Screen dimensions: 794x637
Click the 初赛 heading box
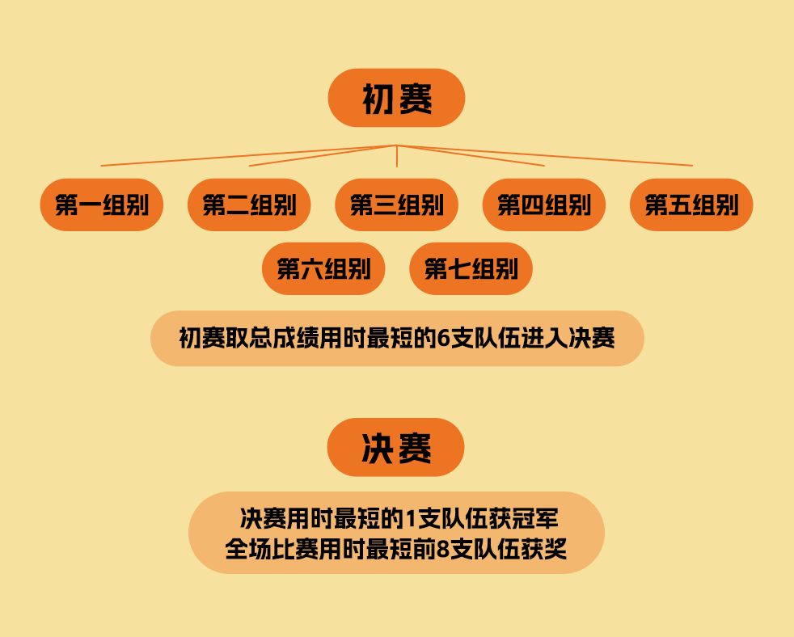click(x=396, y=98)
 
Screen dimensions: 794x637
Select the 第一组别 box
click(x=102, y=205)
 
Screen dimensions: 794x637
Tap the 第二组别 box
click(x=249, y=205)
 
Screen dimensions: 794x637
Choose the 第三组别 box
click(x=396, y=205)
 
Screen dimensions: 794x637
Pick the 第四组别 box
click(x=544, y=205)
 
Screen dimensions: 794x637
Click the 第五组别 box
click(x=691, y=205)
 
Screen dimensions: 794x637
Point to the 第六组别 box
click(x=323, y=268)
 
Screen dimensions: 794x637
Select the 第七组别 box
click(x=471, y=268)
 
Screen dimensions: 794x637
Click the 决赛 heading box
click(x=395, y=447)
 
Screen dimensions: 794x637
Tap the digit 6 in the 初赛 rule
click(x=443, y=339)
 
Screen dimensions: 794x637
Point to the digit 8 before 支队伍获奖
click(x=441, y=550)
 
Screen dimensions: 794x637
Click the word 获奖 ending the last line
click(x=546, y=550)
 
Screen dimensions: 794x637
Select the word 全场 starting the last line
click(x=245, y=550)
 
